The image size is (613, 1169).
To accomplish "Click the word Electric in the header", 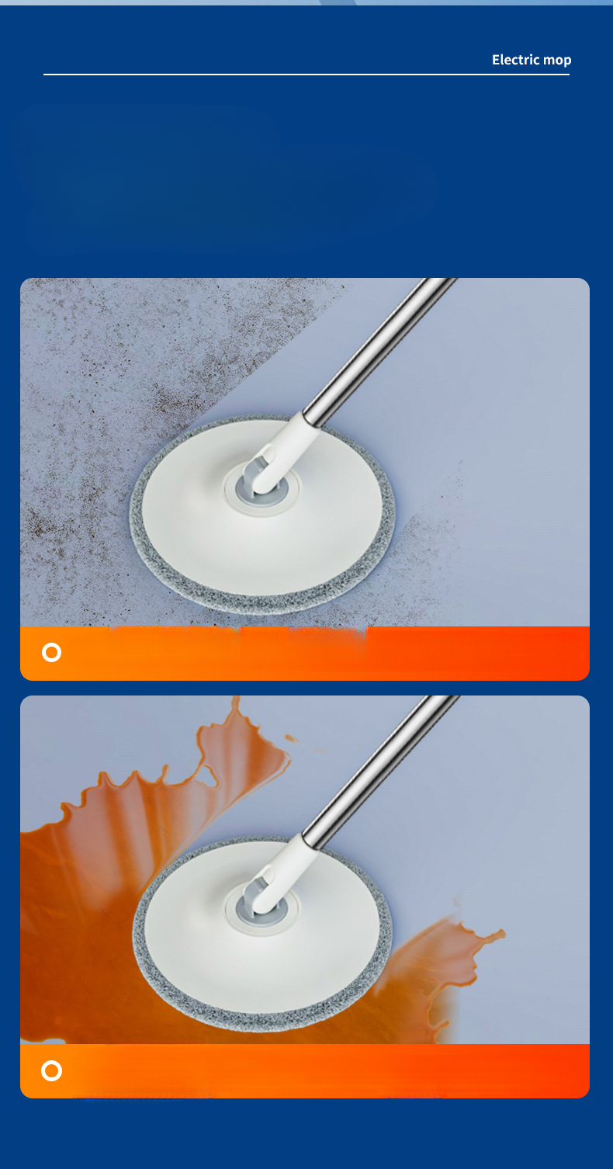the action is point(515,60).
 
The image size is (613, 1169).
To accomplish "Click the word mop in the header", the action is point(557,61).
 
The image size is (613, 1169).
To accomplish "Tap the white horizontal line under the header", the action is point(306,74).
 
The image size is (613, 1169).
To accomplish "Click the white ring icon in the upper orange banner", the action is point(52,652).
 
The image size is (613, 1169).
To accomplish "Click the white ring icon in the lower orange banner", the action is point(52,1070).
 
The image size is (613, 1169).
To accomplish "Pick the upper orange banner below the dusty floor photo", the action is point(305,654).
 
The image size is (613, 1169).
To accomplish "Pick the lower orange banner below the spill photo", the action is point(305,1071).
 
